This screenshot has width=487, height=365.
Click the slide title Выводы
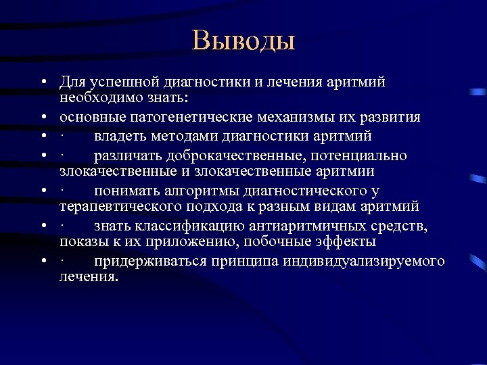243,40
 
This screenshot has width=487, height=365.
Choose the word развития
388,118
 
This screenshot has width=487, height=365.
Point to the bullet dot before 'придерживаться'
42,262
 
